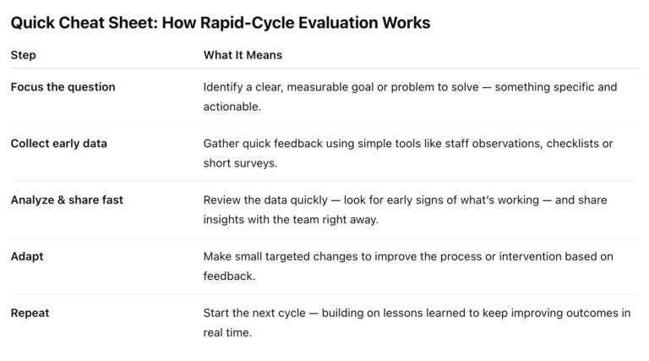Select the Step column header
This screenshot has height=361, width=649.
[23, 55]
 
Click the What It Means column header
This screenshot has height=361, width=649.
[243, 55]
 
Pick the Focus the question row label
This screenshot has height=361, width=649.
[63, 87]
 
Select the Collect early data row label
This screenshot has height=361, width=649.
[58, 144]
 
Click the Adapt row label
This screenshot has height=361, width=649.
[28, 256]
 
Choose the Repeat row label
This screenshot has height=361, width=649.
[30, 313]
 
